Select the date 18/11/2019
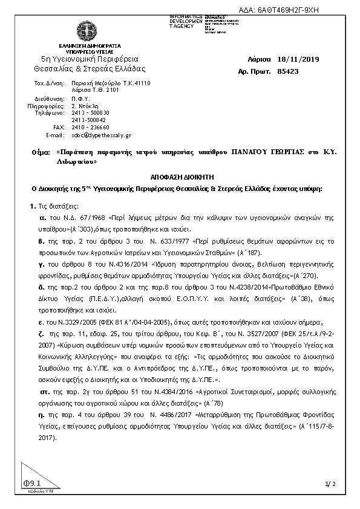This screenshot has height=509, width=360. [298, 59]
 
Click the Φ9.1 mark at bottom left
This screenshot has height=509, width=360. [31, 484]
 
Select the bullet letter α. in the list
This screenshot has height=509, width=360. [43, 216]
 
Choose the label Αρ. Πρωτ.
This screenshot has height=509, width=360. [254, 71]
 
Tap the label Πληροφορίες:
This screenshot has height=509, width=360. [46, 105]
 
